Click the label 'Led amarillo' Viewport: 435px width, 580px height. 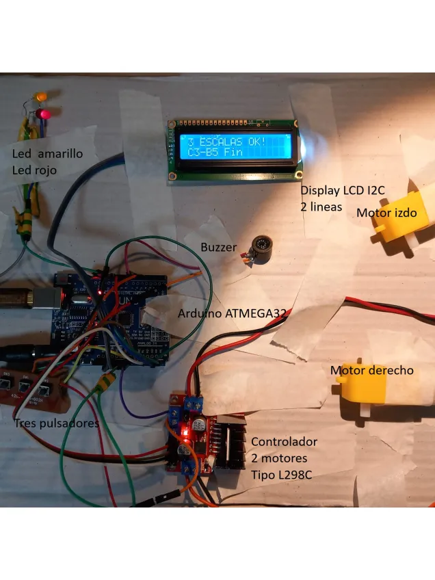[47, 153]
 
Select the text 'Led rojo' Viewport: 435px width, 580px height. [34, 170]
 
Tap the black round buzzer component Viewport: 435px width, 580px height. [260, 248]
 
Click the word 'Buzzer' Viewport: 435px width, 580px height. [219, 247]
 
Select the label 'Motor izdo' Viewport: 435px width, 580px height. [386, 213]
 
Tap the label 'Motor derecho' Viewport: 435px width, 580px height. [372, 370]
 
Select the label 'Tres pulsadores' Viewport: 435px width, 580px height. [56, 423]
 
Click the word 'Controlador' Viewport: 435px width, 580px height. [284, 441]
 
